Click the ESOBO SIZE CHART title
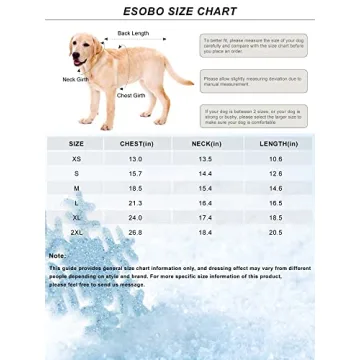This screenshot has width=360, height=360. coord(179,11)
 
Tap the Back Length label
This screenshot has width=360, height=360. coord(133,33)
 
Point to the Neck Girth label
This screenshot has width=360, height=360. coord(76,79)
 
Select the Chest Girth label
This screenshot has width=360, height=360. coord(131,95)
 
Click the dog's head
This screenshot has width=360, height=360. coord(82,46)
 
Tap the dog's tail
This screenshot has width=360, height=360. coord(180,74)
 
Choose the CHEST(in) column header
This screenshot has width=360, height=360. coord(136,143)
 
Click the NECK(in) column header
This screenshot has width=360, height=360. coord(205,143)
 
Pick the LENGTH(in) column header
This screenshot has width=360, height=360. coord(275,143)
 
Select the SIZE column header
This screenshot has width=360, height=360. coord(77,143)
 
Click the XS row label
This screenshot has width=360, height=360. coord(77,158)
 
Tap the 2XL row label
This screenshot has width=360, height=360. coord(77,232)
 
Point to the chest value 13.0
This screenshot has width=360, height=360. coord(136,158)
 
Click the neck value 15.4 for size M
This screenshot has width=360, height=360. coord(206,188)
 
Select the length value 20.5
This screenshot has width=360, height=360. coord(276,232)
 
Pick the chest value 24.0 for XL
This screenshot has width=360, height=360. coord(136,217)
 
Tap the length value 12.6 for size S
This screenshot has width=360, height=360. coord(276,173)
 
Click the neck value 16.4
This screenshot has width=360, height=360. coord(206,203)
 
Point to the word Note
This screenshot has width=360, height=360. coord(57,255)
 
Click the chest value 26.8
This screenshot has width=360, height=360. coord(136,232)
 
